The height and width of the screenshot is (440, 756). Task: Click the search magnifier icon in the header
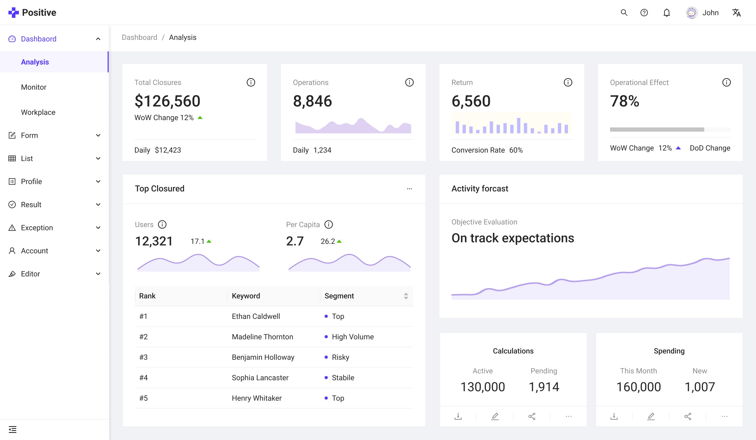coord(624,13)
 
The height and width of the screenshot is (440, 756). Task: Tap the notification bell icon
coord(666,13)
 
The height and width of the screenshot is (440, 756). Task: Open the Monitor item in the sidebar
coord(34,87)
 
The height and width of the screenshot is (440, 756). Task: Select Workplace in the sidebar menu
coord(38,112)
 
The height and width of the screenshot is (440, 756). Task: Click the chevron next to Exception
coord(98,228)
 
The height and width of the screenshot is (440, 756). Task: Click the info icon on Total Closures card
coord(251,82)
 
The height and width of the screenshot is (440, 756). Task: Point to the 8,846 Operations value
coord(312,101)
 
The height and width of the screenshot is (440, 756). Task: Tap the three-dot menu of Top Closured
coord(409,189)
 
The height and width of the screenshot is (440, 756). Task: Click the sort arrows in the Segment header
coord(406,296)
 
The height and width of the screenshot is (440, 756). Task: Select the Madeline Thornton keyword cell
coord(262,337)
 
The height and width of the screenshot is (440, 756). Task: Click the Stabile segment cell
coord(343,378)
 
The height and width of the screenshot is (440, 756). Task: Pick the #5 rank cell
coord(143,398)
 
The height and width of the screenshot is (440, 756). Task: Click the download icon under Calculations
coord(458,416)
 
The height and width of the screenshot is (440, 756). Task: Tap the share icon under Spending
coord(687,416)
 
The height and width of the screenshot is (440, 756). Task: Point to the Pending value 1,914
coord(544,387)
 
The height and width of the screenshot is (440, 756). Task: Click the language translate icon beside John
coord(736,13)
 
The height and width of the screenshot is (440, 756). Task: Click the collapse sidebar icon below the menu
coord(13,430)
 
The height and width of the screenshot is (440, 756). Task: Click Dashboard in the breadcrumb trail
coord(139,37)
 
